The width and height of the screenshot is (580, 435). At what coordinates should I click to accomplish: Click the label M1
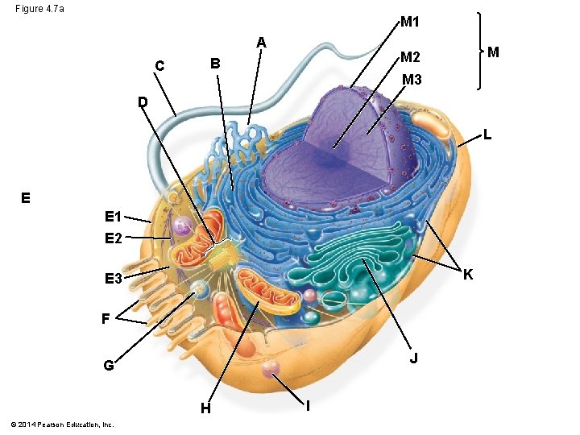pos(409,22)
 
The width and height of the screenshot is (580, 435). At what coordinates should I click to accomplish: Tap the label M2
pos(410,56)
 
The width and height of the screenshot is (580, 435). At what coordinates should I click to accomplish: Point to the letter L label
pos(488,135)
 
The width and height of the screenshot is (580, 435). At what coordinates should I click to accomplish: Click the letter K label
pos(467,275)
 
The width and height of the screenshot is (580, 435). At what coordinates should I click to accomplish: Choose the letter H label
pos(206,408)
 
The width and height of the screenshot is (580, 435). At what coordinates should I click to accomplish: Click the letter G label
pos(108,366)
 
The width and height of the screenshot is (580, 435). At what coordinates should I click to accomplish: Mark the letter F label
pos(106,318)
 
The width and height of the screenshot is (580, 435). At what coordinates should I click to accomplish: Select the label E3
pos(113,279)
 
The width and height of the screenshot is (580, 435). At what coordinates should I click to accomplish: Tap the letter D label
pos(143,102)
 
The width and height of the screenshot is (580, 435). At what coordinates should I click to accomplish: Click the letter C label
pos(160,66)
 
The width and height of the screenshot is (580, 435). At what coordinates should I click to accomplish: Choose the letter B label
pos(214,63)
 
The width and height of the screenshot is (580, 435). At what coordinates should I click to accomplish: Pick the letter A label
pos(262,42)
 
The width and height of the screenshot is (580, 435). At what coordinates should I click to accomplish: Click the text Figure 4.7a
pos(39,9)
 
